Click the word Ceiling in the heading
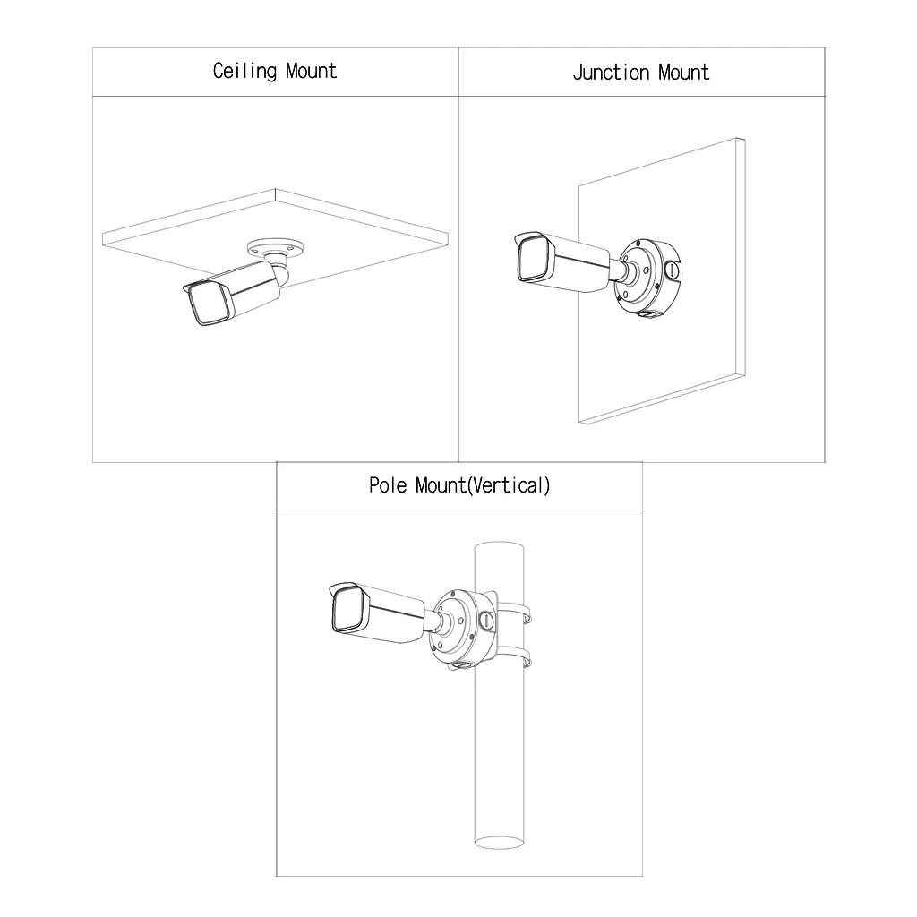click(244, 72)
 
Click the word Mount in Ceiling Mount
click(311, 71)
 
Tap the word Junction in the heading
click(611, 73)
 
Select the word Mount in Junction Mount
click(683, 73)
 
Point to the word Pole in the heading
click(387, 485)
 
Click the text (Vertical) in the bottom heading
click(509, 485)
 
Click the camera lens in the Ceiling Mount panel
click(209, 304)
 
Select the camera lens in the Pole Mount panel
click(350, 609)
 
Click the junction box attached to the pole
click(464, 630)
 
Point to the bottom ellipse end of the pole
click(499, 842)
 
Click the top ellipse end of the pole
click(499, 548)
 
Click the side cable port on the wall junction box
click(673, 270)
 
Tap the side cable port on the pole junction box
click(486, 621)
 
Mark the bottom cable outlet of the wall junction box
click(647, 314)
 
